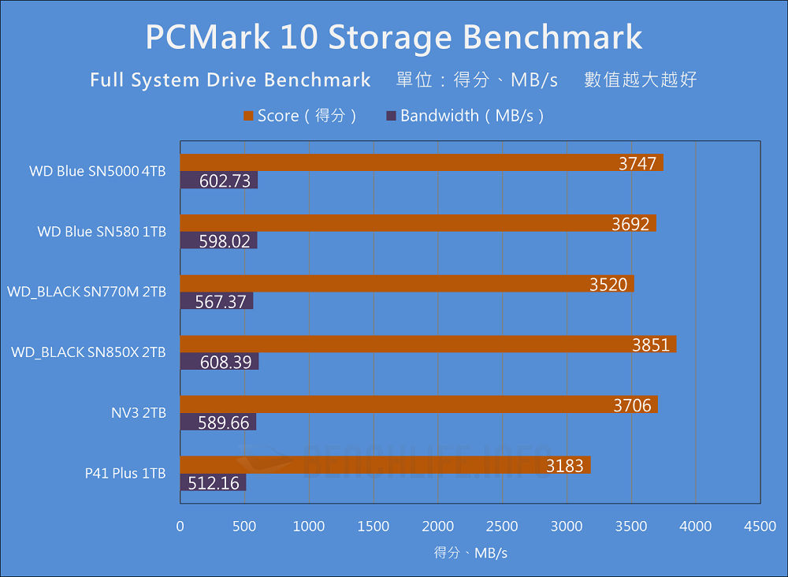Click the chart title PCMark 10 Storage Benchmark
393,37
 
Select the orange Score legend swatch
248,116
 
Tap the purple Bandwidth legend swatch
391,116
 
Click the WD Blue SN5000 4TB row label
97,171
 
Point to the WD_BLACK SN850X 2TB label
88,352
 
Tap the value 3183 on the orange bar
565,466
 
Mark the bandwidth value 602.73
225,181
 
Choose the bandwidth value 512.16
213,483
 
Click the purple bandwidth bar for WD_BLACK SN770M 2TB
217,302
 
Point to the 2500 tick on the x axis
502,527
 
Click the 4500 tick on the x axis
760,527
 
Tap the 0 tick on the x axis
180,527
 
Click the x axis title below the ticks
470,553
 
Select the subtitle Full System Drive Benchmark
230,80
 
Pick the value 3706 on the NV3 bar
632,405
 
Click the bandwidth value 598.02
225,241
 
